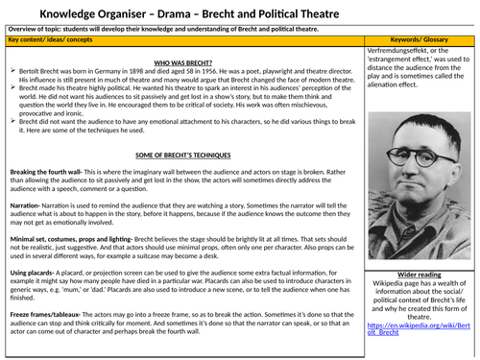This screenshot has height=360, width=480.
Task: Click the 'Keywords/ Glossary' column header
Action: pyautogui.click(x=419, y=40)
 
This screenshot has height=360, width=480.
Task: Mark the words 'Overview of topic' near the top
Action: pyautogui.click(x=37, y=30)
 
